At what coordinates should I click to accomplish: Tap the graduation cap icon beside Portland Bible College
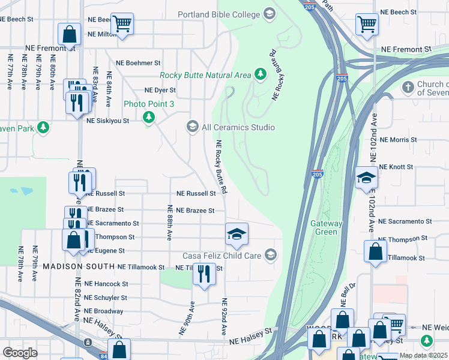pyautogui.click(x=269, y=14)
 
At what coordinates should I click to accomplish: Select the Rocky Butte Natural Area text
pyautogui.click(x=205, y=75)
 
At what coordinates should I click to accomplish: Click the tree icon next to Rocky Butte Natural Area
pyautogui.click(x=260, y=74)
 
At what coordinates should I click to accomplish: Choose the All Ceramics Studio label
pyautogui.click(x=238, y=127)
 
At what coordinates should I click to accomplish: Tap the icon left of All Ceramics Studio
pyautogui.click(x=193, y=127)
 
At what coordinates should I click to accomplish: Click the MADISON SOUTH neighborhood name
pyautogui.click(x=79, y=266)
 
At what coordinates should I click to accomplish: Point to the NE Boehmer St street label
pyautogui.click(x=139, y=62)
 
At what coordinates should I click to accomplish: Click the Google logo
pyautogui.click(x=20, y=353)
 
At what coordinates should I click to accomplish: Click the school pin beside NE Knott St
pyautogui.click(x=366, y=178)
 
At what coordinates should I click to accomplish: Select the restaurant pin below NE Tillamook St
pyautogui.click(x=204, y=275)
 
